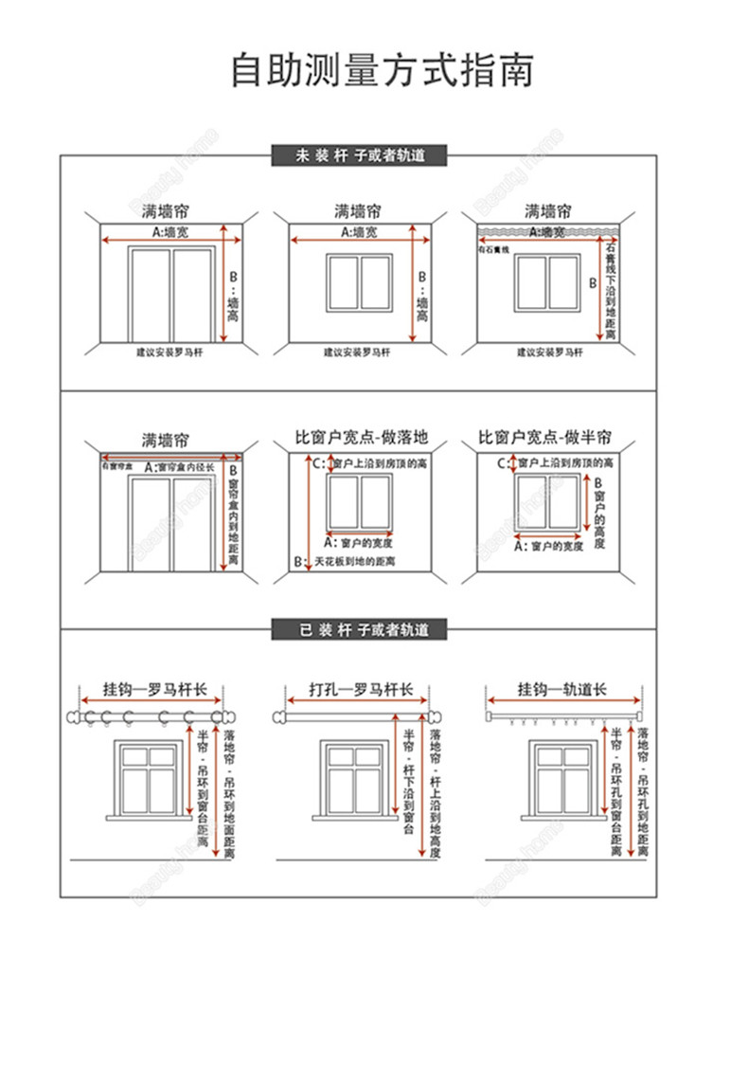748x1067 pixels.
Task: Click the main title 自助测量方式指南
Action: (x=382, y=71)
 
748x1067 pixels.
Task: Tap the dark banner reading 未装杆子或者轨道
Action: (x=359, y=156)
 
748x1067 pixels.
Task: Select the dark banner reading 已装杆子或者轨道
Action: (x=359, y=629)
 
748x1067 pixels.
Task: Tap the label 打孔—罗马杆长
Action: (x=360, y=689)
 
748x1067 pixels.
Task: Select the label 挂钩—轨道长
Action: (x=561, y=689)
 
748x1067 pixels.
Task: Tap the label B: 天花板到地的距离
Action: (x=345, y=562)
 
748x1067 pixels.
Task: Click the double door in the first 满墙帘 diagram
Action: (x=171, y=294)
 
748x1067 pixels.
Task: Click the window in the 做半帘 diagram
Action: (x=546, y=501)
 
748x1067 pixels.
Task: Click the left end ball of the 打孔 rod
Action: (x=278, y=717)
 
